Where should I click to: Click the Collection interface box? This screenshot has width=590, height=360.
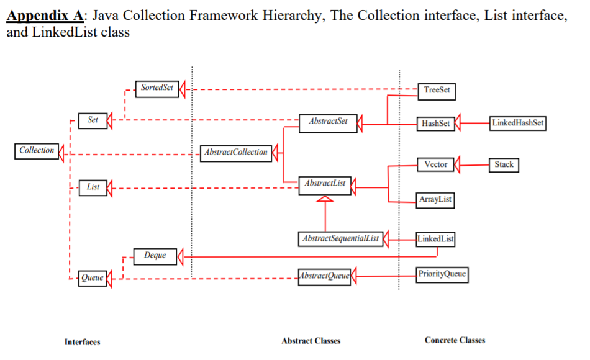tap(37, 151)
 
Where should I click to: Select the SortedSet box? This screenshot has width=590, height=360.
tap(157, 88)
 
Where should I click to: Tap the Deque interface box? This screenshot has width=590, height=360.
tap(155, 256)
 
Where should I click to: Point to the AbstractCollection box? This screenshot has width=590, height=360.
tap(235, 152)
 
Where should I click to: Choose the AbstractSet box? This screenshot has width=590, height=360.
tap(328, 122)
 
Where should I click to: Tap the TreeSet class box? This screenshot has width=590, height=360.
tap(437, 91)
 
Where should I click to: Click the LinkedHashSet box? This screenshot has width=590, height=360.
tap(517, 123)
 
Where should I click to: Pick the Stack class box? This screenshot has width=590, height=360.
tap(504, 164)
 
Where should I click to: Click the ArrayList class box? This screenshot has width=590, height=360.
tap(435, 199)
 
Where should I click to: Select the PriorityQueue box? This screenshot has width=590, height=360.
tap(442, 274)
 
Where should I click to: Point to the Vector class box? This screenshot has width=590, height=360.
tap(435, 164)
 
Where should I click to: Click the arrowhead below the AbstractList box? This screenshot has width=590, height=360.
tap(325, 199)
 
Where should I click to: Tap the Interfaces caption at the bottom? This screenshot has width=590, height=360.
tap(82, 342)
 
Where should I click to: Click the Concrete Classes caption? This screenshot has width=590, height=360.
tap(455, 340)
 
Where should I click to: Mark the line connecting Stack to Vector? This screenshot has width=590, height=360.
tap(475, 165)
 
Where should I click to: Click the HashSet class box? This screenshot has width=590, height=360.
tap(435, 123)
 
